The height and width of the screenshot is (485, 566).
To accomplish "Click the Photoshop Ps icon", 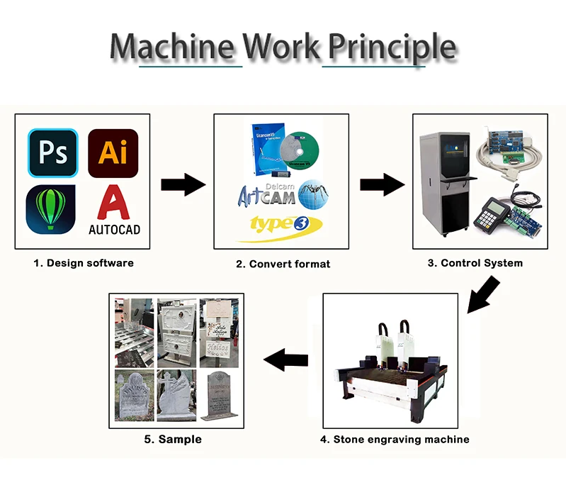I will point(52,152).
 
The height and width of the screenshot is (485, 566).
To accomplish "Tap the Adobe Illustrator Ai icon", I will point(113,152).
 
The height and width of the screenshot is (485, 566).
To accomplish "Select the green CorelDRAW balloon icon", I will point(51,210).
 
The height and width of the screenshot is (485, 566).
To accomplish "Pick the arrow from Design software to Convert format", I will point(183,185).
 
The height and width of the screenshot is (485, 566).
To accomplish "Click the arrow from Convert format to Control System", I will point(382,185).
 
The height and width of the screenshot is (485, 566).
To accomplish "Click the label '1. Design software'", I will point(84,263).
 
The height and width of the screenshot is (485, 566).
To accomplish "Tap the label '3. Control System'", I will point(475,263).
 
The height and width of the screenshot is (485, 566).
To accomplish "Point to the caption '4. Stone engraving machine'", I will point(395,440).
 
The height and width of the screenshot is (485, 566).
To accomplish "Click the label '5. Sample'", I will point(173,440).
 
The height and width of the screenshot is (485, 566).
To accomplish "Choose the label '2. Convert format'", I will point(283,264).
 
